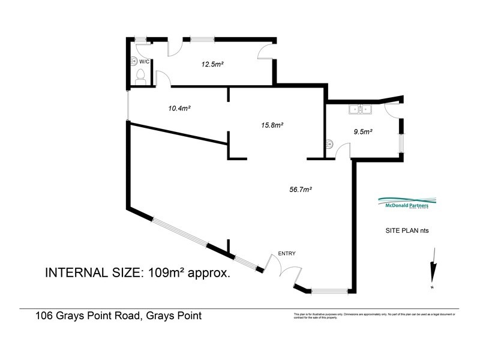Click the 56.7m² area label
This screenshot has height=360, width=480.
[x=300, y=190]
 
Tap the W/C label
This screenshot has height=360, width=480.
[x=145, y=62]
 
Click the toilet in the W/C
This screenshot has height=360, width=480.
[x=140, y=76]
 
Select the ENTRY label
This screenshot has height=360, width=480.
[x=286, y=253]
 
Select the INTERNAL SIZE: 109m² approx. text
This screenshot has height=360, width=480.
[x=139, y=272]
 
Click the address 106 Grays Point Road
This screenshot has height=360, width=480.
[x=118, y=316]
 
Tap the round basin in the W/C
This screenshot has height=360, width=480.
[x=133, y=61]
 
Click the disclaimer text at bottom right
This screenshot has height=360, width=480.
[x=374, y=316]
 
